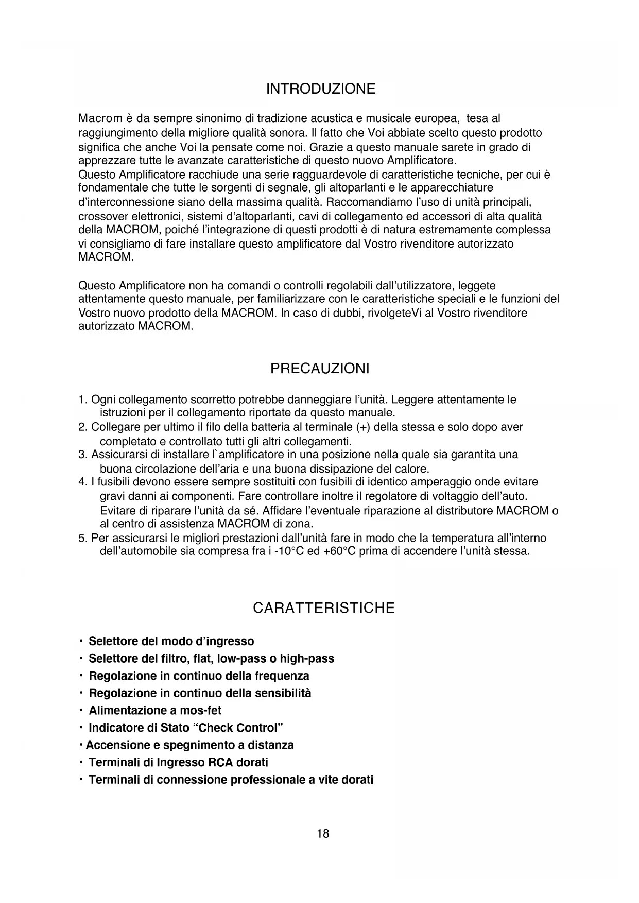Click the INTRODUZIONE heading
320,89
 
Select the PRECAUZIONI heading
320,369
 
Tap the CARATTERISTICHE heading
323,608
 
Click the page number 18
323,833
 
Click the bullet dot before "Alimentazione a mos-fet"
81,710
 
